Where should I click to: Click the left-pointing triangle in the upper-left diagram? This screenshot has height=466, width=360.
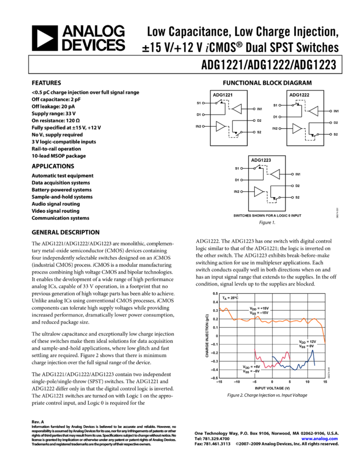pyautogui.click(x=237, y=109)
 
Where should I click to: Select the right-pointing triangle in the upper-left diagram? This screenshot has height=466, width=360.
pyautogui.click(x=220, y=127)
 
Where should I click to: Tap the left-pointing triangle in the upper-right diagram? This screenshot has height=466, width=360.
pyautogui.click(x=314, y=111)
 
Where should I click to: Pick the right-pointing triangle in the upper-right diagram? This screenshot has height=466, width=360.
pyautogui.click(x=297, y=129)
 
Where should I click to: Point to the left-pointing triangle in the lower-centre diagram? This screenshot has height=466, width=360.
pyautogui.click(x=276, y=174)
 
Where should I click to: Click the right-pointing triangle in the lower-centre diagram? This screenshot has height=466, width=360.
pyautogui.click(x=259, y=192)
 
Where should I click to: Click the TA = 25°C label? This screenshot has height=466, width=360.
pyautogui.click(x=230, y=298)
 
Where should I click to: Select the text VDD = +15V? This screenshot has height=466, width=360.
pyautogui.click(x=260, y=308)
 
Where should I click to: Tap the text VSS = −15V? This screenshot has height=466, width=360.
pyautogui.click(x=260, y=312)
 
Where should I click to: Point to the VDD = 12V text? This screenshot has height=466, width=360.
pyautogui.click(x=307, y=342)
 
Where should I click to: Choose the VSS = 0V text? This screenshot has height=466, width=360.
pyautogui.click(x=306, y=346)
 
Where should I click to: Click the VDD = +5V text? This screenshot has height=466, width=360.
pyautogui.click(x=252, y=366)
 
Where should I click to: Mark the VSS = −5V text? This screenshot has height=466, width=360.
pyautogui.click(x=252, y=371)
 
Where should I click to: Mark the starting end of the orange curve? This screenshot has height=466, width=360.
pyautogui.click(x=221, y=309)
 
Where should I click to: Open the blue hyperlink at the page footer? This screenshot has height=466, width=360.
pyautogui.click(x=319, y=439)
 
